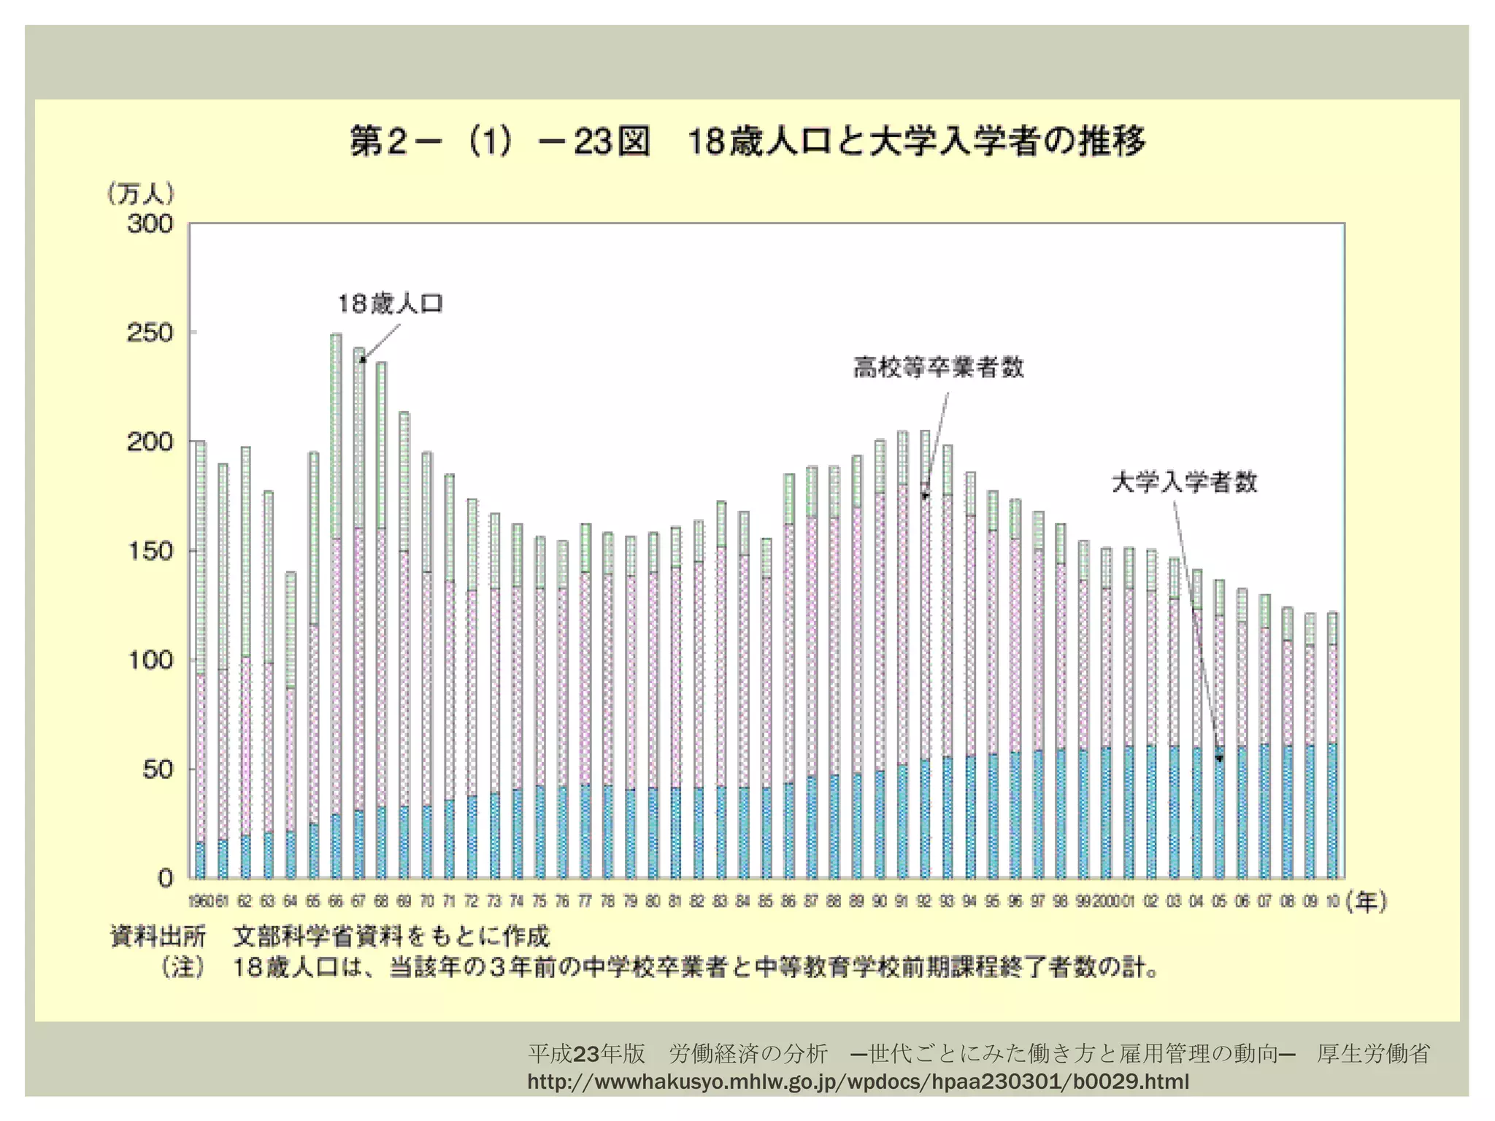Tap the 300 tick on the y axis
point(150,224)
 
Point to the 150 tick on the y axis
point(150,551)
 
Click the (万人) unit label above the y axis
point(141,193)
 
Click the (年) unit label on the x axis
point(1366,902)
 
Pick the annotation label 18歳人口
point(391,304)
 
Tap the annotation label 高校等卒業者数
point(939,367)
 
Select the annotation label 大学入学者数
point(1184,482)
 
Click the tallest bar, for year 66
point(336,606)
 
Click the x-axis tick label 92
point(924,902)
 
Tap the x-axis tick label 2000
point(1106,902)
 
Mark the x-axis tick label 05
point(1219,902)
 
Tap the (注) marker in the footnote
point(183,968)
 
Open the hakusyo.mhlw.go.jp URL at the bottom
point(858,1082)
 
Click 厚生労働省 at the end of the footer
point(1373,1054)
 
